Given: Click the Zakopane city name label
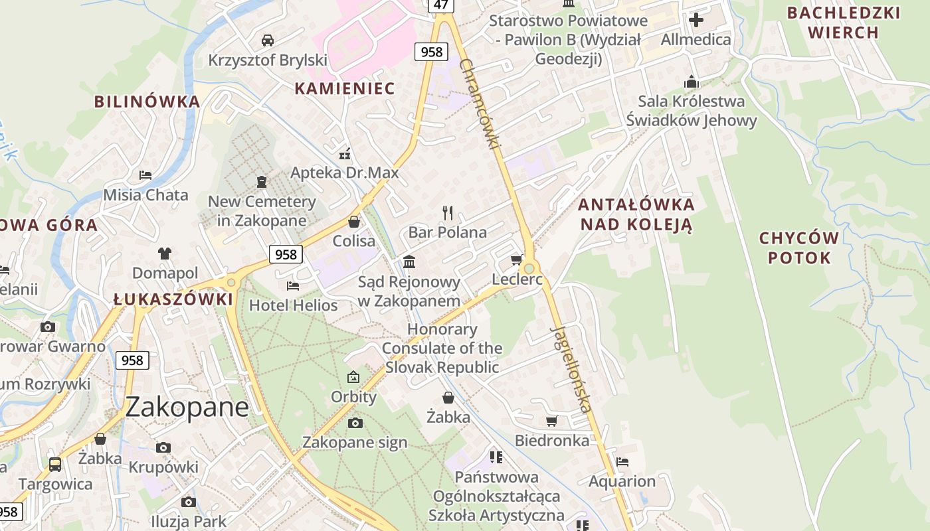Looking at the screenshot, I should (x=187, y=407).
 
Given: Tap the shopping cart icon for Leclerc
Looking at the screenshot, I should (x=516, y=260).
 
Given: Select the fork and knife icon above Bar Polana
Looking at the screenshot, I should (x=448, y=213).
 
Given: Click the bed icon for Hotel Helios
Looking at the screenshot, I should (x=292, y=286).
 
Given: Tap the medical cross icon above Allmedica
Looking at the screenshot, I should (x=696, y=20).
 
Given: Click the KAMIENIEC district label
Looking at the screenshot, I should (x=344, y=88).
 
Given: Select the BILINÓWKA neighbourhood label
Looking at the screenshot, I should (x=147, y=102).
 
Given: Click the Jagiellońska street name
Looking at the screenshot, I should (x=571, y=369).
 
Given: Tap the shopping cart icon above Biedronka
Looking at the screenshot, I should (x=551, y=421).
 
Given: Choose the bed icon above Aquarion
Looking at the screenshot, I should (x=622, y=462).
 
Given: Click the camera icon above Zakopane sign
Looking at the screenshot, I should (x=355, y=423).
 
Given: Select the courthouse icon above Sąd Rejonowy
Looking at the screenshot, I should (x=409, y=262).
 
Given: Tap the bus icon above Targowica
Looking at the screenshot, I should (x=55, y=464).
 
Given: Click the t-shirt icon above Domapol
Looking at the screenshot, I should (x=165, y=253).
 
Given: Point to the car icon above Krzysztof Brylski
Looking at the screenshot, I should (x=267, y=40).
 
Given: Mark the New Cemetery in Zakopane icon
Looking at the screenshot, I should (x=262, y=181).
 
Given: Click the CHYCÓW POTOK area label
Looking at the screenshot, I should (x=799, y=248).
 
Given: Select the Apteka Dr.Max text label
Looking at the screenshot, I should (x=345, y=173).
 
